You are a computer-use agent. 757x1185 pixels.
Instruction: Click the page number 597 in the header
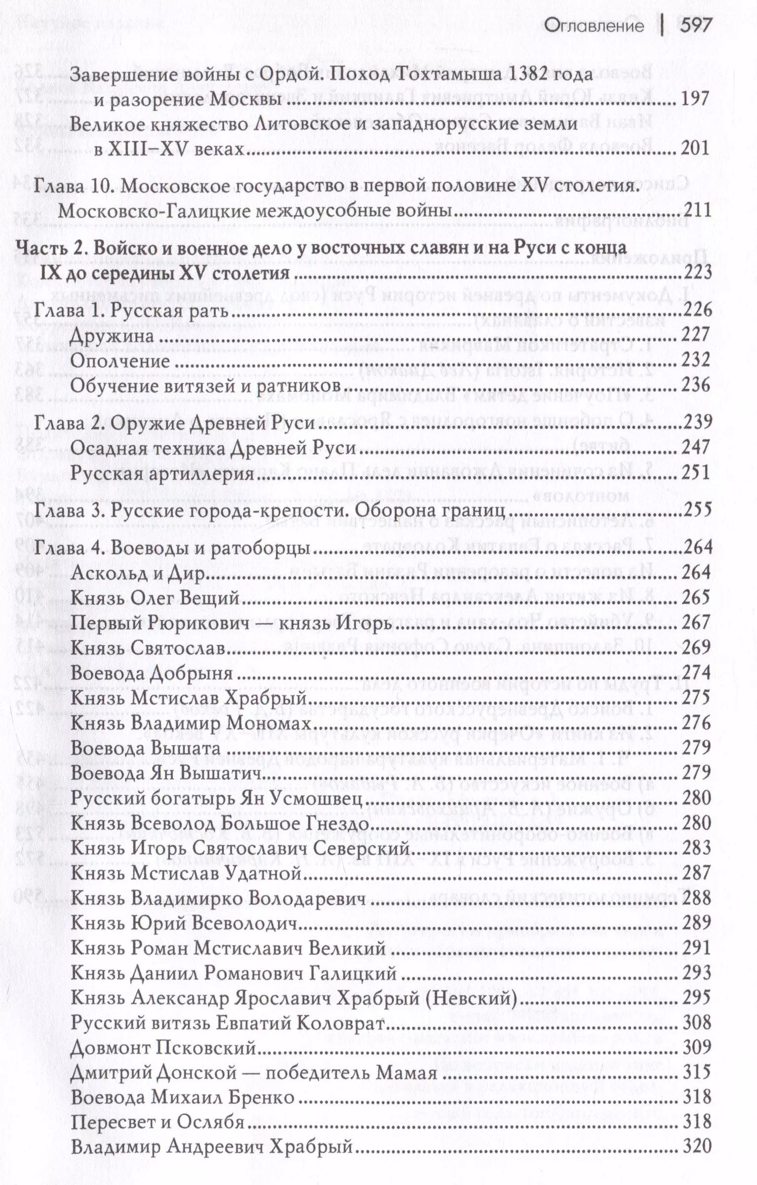tap(695, 26)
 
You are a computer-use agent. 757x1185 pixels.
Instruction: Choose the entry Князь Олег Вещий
tap(155, 598)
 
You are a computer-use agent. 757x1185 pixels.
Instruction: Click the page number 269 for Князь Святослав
tap(695, 648)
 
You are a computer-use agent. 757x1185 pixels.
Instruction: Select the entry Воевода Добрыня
tap(151, 673)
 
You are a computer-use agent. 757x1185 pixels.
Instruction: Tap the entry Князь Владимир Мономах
tap(191, 723)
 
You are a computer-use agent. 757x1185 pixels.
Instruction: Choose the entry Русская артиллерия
tap(162, 474)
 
